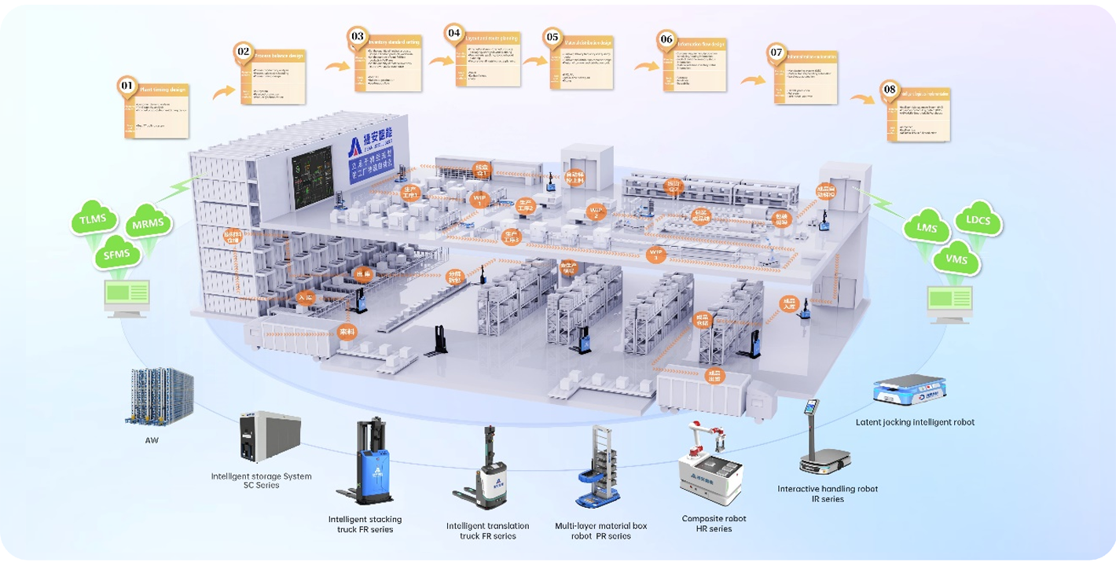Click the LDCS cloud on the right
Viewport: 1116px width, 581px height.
pos(978,222)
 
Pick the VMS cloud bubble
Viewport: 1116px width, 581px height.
pos(956,259)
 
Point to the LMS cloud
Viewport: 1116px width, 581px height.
pos(928,228)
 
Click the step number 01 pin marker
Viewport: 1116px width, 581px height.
pos(127,85)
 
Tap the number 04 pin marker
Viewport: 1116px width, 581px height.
pos(453,34)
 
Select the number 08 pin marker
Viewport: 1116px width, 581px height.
pos(889,89)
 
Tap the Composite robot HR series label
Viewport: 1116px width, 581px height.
pos(714,524)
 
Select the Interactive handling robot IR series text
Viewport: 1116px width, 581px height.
pos(827,494)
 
